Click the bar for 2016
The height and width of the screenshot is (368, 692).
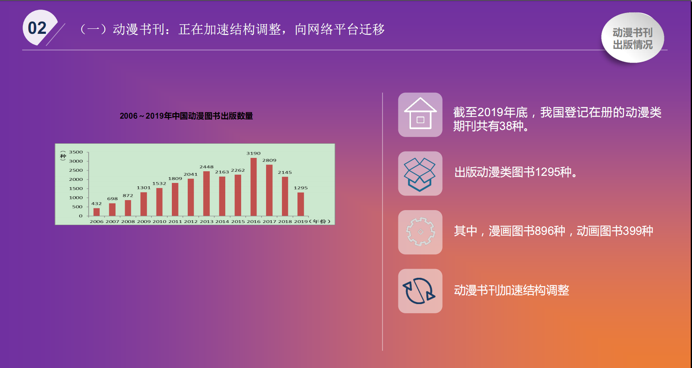pyautogui.click(x=253, y=187)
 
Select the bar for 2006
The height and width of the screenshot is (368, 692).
pyautogui.click(x=96, y=212)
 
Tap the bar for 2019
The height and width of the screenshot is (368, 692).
pyautogui.click(x=301, y=204)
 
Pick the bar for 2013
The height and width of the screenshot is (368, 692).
pyautogui.click(x=206, y=193)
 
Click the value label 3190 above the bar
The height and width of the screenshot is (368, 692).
pyautogui.click(x=253, y=153)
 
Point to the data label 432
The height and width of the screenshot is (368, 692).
pyautogui.click(x=96, y=203)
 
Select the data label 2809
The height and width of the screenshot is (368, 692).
pyautogui.click(x=269, y=160)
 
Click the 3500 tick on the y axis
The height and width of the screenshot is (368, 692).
pyautogui.click(x=76, y=152)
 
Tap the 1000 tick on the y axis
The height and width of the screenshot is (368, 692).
pyautogui.click(x=76, y=198)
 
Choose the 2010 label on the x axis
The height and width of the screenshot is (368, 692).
pyautogui.click(x=159, y=221)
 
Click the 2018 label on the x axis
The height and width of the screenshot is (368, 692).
pyautogui.click(x=285, y=221)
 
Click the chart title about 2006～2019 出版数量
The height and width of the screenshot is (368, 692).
pyautogui.click(x=186, y=116)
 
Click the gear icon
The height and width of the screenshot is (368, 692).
pyautogui.click(x=420, y=232)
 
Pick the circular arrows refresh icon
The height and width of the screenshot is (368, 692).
pyautogui.click(x=419, y=291)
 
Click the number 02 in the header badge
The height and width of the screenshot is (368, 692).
pyautogui.click(x=37, y=28)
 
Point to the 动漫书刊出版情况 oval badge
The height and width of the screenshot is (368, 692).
pyautogui.click(x=633, y=38)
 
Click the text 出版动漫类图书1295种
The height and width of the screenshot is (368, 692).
pyautogui.click(x=516, y=172)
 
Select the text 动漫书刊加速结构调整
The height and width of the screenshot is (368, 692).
pyautogui.click(x=511, y=290)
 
